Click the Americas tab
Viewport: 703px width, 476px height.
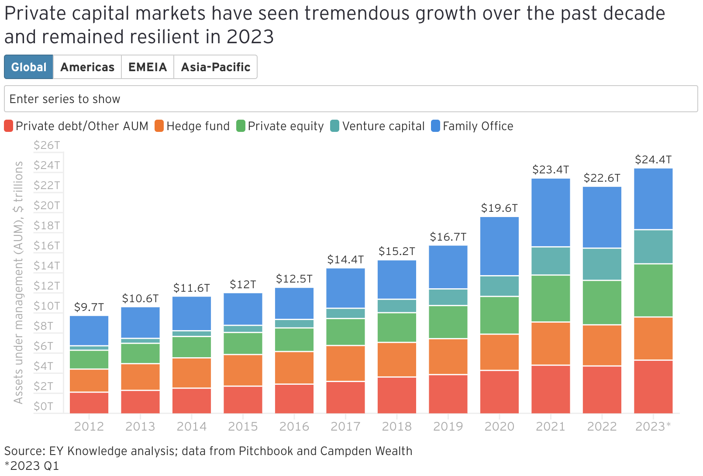[x=87, y=67]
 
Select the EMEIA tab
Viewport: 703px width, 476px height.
[x=148, y=67]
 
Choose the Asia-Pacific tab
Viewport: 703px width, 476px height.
[x=216, y=67]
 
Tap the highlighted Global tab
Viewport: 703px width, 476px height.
[x=29, y=67]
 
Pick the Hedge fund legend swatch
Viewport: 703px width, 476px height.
[x=159, y=126]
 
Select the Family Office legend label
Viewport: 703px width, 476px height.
[x=478, y=126]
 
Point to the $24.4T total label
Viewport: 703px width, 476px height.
[x=653, y=160]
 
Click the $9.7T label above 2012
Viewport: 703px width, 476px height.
[x=89, y=307]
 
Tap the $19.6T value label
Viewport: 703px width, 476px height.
[x=499, y=208]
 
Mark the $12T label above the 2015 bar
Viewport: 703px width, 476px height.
[x=243, y=285]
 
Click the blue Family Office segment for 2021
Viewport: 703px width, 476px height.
[x=551, y=213]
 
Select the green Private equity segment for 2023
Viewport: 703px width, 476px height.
[x=653, y=290]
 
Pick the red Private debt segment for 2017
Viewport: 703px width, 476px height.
[x=345, y=397]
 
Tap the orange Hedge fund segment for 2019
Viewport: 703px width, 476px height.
[x=448, y=356]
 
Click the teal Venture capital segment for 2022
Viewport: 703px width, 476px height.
[x=602, y=264]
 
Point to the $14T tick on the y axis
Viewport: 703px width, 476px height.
[x=47, y=266]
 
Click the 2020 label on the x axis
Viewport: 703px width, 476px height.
[x=499, y=427]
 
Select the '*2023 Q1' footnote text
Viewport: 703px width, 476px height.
[x=31, y=466]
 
